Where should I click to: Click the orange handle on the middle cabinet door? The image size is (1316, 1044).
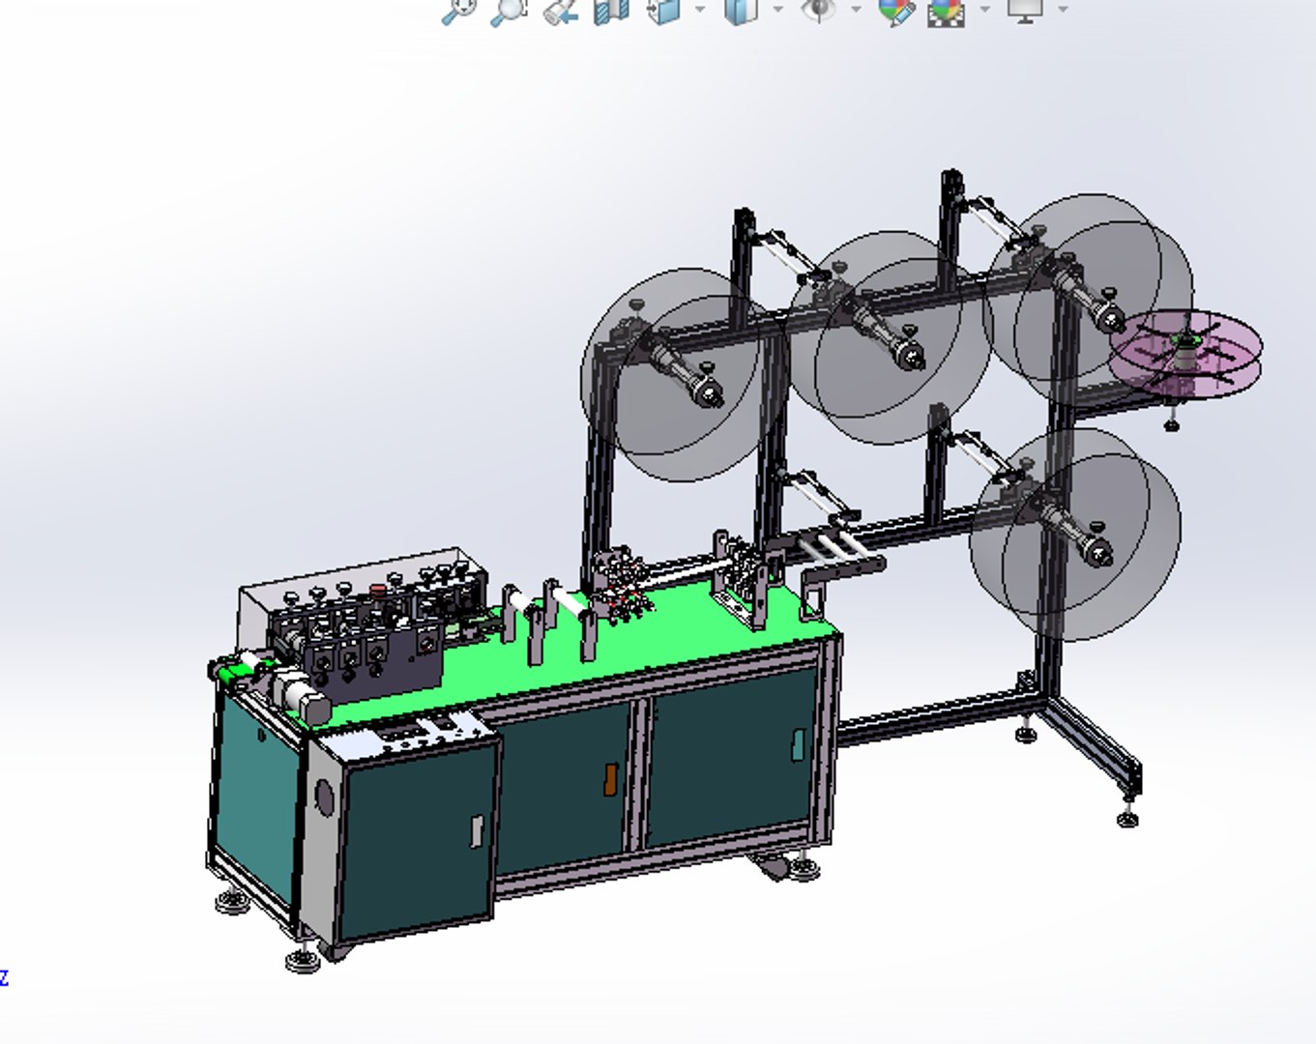point(610,779)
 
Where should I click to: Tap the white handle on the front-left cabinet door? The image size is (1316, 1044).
point(477,831)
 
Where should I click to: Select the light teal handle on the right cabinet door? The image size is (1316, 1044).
point(798,744)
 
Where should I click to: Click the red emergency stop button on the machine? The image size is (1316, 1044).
point(378,588)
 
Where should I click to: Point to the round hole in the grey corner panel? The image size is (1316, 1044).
point(324,798)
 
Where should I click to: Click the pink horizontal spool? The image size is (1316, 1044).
point(1185,353)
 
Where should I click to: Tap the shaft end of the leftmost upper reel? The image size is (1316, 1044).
point(710,394)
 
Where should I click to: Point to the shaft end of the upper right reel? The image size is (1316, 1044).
point(1110,318)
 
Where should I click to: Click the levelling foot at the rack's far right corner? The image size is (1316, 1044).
point(1127,820)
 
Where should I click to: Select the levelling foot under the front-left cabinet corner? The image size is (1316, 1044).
point(303,960)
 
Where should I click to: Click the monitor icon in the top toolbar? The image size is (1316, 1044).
point(1024,10)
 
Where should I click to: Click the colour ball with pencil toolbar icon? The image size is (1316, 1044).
point(895,11)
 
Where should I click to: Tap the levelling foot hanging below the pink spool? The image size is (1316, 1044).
point(1172,422)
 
